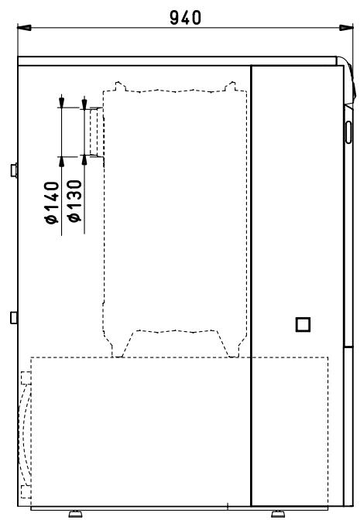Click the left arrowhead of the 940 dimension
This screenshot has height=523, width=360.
[23, 29]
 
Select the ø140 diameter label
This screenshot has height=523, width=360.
[53, 203]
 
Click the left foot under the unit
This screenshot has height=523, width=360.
[76, 512]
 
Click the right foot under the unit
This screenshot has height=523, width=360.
[276, 512]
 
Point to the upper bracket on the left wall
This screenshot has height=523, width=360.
[14, 169]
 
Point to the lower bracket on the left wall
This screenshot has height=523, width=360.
[14, 316]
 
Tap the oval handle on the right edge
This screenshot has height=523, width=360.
[348, 131]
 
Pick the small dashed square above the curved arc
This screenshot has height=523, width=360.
[26, 377]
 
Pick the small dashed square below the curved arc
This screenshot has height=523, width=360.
[26, 491]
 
